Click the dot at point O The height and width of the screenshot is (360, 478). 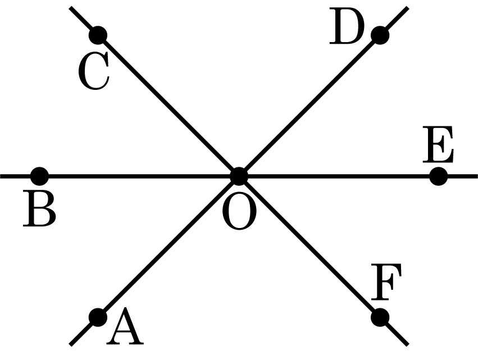(239, 176)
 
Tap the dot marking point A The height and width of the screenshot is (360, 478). (98, 317)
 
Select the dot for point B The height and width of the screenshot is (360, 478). (39, 176)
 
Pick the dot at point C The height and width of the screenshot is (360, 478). (98, 35)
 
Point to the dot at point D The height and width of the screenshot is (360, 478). (380, 35)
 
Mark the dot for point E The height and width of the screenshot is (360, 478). (438, 176)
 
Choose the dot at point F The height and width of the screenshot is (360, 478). (380, 317)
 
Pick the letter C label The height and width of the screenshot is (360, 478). (93, 73)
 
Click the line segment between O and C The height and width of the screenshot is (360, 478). (169, 106)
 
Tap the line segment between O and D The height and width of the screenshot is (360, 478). (309, 106)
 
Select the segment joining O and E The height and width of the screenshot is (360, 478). (337, 176)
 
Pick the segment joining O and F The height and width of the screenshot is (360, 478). (309, 247)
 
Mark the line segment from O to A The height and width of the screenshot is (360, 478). (169, 247)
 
